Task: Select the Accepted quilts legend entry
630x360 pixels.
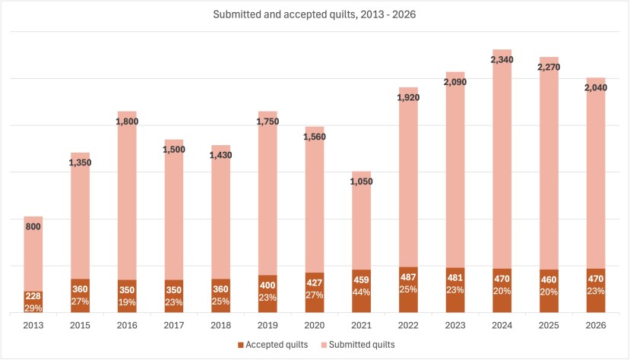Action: click(x=273, y=345)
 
